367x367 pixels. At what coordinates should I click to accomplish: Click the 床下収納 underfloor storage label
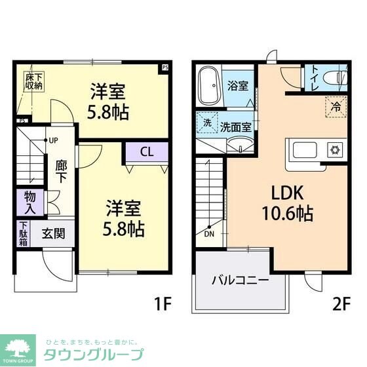(34, 81)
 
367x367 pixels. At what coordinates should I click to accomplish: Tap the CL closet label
(147, 152)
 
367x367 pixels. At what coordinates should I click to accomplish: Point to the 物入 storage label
(31, 201)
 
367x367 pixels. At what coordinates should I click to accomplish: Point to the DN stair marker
(208, 234)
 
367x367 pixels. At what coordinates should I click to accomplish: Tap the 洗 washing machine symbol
(206, 122)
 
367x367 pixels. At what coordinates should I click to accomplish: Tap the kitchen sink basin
(305, 149)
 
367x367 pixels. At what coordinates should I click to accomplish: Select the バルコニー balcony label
(240, 280)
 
